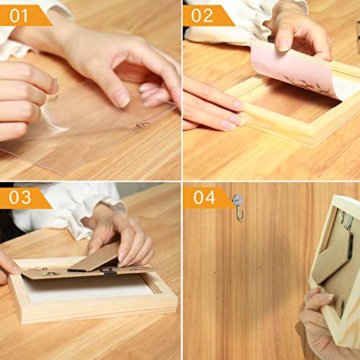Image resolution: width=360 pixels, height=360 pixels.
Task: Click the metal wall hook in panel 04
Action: (x=239, y=205)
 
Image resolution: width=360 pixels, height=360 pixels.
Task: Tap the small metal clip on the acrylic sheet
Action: (x=143, y=124)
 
